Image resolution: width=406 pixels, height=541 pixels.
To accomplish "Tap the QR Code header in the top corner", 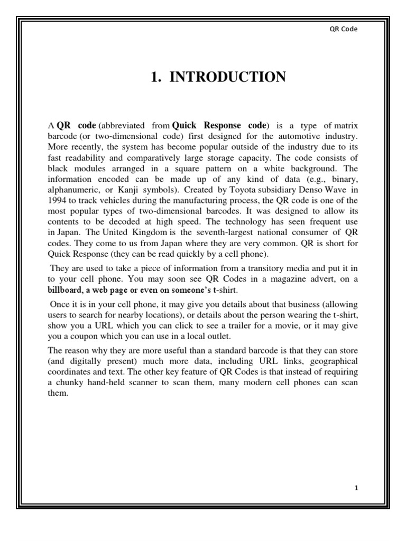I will (343, 29).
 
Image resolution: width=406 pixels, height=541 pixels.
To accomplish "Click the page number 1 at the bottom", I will (356, 488).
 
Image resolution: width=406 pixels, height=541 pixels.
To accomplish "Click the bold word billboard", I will (66, 290).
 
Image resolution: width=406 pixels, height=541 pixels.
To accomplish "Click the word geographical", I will (332, 360).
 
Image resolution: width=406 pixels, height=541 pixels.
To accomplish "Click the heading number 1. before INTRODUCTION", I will (155, 78).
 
